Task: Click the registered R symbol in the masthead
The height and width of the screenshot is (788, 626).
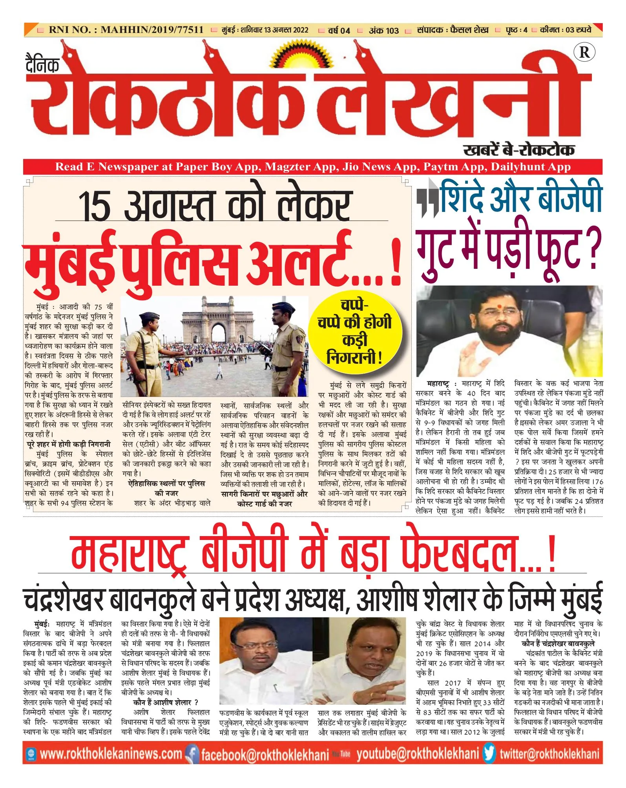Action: [x=584, y=52]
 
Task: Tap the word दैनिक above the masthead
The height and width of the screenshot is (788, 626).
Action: [x=42, y=64]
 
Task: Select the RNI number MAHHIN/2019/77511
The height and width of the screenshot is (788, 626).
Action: [x=152, y=30]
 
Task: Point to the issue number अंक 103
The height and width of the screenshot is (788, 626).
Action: [x=383, y=31]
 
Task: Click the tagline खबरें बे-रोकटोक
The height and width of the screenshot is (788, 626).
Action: [x=518, y=150]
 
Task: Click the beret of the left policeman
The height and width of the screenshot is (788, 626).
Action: [x=149, y=316]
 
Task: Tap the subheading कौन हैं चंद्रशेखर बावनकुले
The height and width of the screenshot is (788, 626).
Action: [x=558, y=644]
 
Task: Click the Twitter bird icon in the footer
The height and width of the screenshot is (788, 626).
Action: [x=489, y=754]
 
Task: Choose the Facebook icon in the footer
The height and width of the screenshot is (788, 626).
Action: [x=192, y=754]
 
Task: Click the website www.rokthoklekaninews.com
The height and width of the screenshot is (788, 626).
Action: [x=111, y=754]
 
